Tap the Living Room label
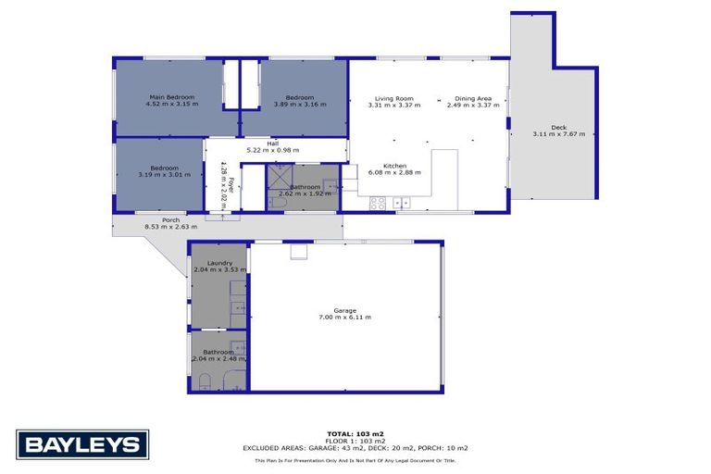[x=393, y=98]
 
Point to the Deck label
[x=558, y=127]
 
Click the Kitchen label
[x=394, y=166]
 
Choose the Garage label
[x=344, y=310]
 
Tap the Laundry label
[x=219, y=263]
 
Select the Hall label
[x=272, y=143]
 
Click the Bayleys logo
[x=82, y=444]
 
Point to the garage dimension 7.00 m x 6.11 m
[x=344, y=318]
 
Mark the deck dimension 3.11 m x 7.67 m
[x=558, y=134]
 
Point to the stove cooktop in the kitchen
[x=378, y=203]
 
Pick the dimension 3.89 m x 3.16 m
[x=299, y=105]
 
